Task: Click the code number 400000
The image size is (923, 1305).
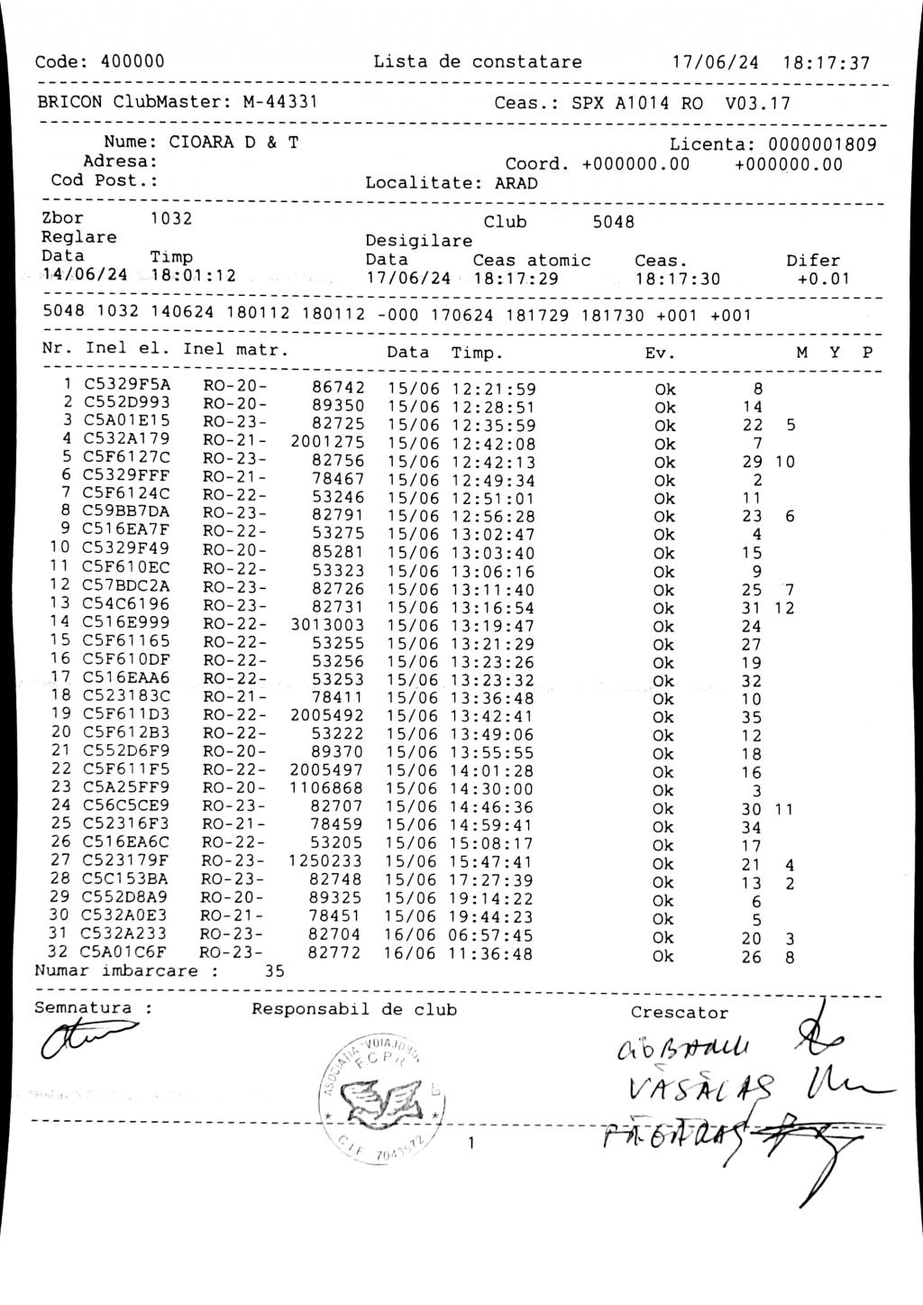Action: tap(133, 62)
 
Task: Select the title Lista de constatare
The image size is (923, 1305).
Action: tap(478, 62)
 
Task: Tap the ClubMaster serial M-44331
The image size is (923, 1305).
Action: tap(279, 102)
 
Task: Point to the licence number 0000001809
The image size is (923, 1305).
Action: tap(821, 144)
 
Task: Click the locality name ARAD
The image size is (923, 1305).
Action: tap(516, 184)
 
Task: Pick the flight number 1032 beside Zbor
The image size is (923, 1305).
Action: tap(170, 218)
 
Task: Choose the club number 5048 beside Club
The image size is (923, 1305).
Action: tap(613, 222)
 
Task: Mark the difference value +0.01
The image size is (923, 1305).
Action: tap(823, 279)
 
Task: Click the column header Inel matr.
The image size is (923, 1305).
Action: tap(235, 349)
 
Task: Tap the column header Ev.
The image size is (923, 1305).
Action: tap(660, 353)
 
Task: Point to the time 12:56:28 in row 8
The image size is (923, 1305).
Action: tap(493, 517)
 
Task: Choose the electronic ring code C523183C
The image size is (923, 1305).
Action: tap(126, 696)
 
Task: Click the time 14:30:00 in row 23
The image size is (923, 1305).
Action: tap(492, 790)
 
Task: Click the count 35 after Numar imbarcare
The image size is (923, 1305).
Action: tap(274, 971)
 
